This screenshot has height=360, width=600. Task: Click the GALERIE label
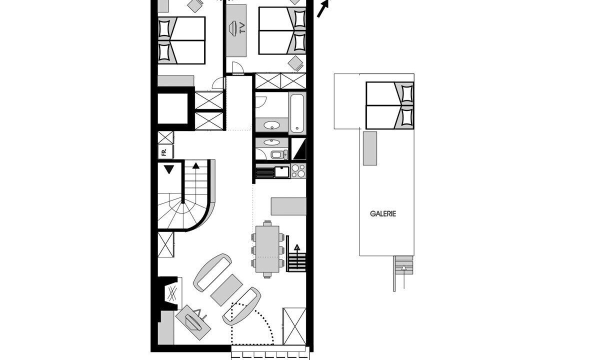coord(383,214)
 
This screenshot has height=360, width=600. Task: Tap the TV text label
coord(242,28)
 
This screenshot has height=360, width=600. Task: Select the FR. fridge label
coord(164,152)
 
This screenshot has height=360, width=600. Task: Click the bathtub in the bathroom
coord(297,113)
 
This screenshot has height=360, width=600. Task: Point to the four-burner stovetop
coord(298,171)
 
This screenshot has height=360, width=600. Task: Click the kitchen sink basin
coord(282,171)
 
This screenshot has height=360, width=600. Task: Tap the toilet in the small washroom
coord(279,154)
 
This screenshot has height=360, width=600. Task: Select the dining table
coord(267,249)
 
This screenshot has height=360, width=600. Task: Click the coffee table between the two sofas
coord(227,290)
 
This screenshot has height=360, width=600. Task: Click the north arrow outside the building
coord(323,8)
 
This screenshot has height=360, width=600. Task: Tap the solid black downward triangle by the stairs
coord(169,169)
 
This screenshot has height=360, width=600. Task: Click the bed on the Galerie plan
coord(389,105)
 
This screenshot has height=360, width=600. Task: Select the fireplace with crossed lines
coord(170,293)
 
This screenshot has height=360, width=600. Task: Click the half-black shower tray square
coord(298,148)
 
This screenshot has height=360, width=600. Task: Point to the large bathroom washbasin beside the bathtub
coord(271,125)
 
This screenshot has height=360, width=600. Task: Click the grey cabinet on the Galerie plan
coord(370,148)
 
